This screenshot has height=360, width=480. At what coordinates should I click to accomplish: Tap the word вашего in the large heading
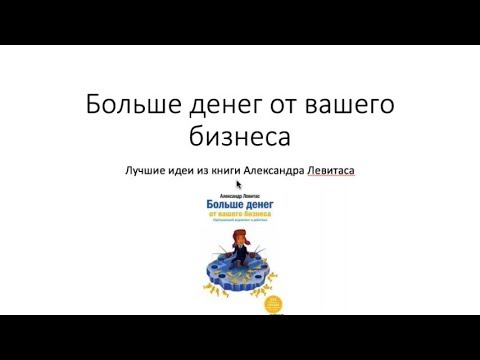(345, 104)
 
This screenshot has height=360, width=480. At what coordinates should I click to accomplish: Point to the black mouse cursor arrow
(240, 185)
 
